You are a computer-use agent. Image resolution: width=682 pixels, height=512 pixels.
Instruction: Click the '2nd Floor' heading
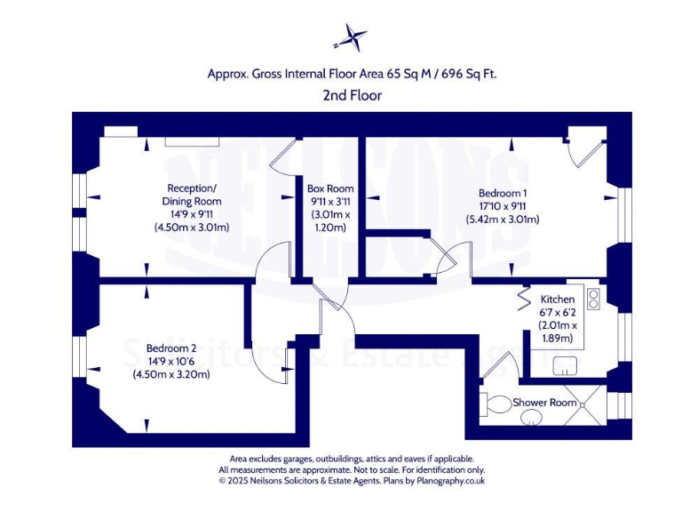click(353, 95)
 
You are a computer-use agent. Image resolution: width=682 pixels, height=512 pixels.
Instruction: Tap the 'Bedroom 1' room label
click(503, 193)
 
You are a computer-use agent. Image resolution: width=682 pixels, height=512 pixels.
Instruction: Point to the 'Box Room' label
click(330, 188)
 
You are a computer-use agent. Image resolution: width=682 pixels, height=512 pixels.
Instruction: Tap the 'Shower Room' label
click(545, 403)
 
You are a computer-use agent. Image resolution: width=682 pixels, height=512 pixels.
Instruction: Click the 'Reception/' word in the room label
click(192, 188)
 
